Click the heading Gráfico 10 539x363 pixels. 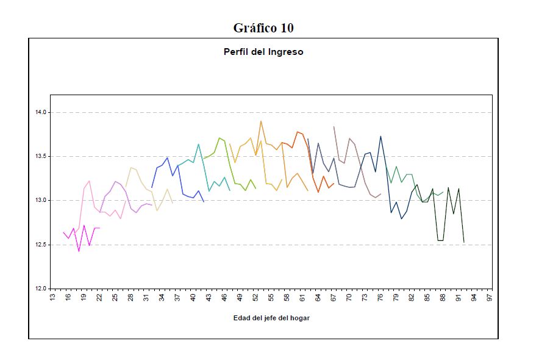(x=263, y=28)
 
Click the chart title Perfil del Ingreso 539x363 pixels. (x=263, y=52)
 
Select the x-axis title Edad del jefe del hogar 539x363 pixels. (x=271, y=318)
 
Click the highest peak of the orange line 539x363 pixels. (x=261, y=121)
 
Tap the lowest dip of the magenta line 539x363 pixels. (x=79, y=251)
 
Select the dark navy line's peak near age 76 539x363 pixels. (x=380, y=136)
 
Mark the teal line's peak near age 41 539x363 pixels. (x=198, y=144)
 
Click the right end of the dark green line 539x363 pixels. (x=464, y=242)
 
